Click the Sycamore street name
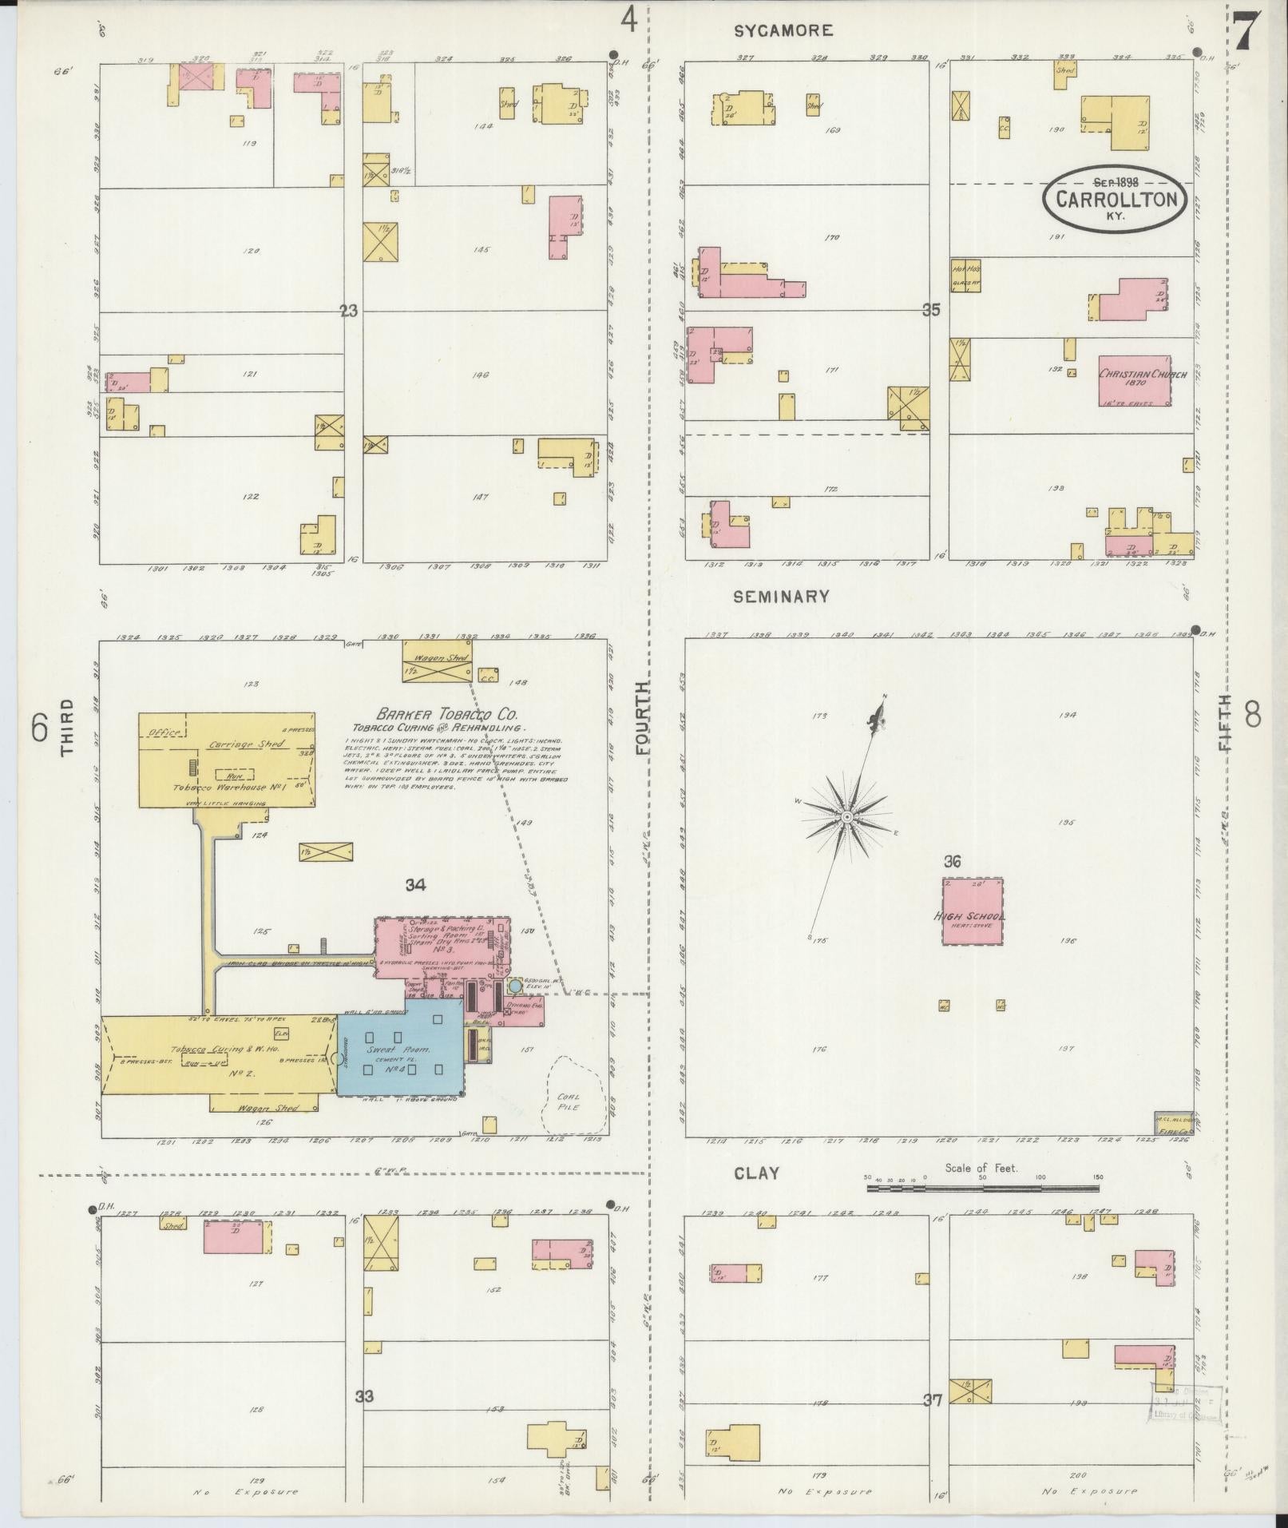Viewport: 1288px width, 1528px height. click(x=783, y=31)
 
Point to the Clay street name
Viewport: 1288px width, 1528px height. click(x=757, y=1173)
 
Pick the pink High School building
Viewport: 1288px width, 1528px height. click(x=972, y=911)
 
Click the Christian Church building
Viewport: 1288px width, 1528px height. click(x=1134, y=380)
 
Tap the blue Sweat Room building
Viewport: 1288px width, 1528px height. click(x=399, y=1048)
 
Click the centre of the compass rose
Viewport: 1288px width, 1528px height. click(x=846, y=816)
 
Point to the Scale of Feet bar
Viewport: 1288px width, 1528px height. click(x=982, y=1188)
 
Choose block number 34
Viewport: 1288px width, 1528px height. click(x=415, y=884)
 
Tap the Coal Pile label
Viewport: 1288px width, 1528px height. click(x=569, y=1101)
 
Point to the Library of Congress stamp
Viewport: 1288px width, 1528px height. click(x=1185, y=1404)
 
